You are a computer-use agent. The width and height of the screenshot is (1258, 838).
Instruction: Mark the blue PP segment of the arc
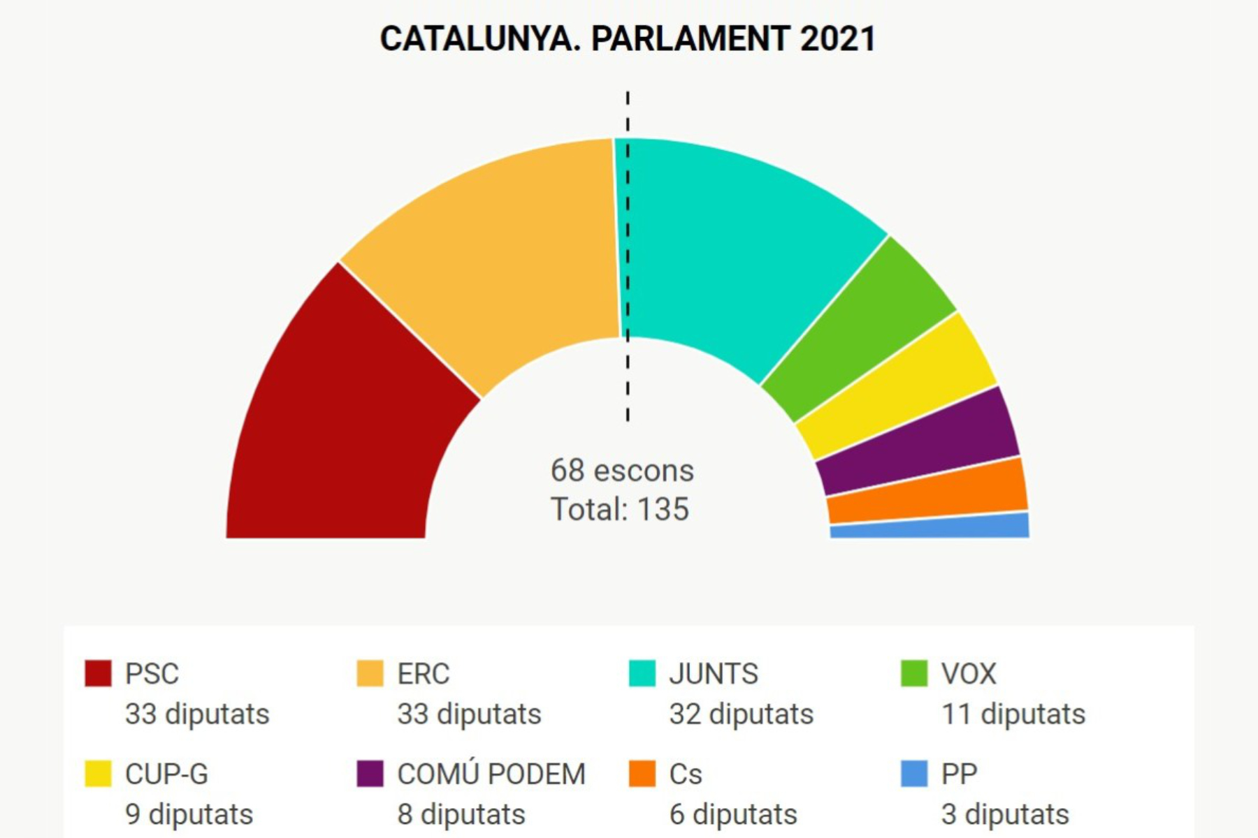click(x=930, y=527)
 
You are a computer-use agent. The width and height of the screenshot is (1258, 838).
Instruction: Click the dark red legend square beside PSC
click(x=98, y=673)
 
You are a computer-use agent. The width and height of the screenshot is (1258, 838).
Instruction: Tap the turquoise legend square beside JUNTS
click(x=642, y=673)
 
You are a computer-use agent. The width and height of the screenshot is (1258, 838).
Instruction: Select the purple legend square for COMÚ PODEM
click(x=370, y=774)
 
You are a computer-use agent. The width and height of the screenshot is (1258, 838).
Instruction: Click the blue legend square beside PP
click(x=914, y=774)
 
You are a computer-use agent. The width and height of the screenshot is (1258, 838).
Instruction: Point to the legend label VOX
click(x=969, y=674)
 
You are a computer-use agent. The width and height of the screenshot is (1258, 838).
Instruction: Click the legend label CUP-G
click(x=166, y=774)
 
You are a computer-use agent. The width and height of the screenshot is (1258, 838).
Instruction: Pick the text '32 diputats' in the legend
click(x=742, y=714)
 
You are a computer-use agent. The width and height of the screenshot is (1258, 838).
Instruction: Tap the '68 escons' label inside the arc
click(x=622, y=471)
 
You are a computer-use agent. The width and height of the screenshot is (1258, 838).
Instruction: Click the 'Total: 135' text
click(x=620, y=509)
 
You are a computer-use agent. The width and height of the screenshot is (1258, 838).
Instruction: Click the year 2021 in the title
click(x=837, y=38)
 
